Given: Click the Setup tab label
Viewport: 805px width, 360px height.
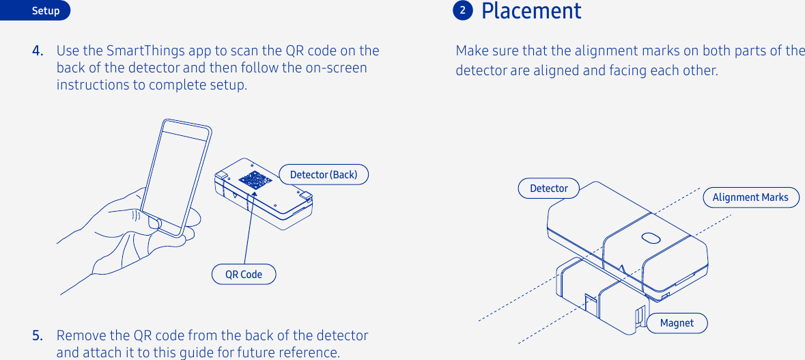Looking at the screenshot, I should pyautogui.click(x=46, y=11).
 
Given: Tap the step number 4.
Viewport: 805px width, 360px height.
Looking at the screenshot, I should pyautogui.click(x=38, y=51).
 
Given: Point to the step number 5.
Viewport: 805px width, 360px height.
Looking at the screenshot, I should pyautogui.click(x=38, y=335).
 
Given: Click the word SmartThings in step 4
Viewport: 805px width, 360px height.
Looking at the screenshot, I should pyautogui.click(x=142, y=51).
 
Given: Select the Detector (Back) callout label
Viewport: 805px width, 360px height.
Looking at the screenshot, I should pyautogui.click(x=324, y=175).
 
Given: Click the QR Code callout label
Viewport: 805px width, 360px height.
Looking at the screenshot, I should pyautogui.click(x=244, y=275).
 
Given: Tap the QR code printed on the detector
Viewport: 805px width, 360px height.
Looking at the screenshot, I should pyautogui.click(x=255, y=180).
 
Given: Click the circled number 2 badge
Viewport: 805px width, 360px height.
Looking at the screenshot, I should pyautogui.click(x=463, y=10).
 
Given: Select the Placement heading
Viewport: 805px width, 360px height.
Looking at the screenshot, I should pyautogui.click(x=531, y=11).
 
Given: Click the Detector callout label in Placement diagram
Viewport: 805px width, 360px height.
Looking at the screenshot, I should pyautogui.click(x=548, y=189).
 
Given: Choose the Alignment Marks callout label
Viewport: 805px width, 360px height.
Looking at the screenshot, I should pyautogui.click(x=750, y=197).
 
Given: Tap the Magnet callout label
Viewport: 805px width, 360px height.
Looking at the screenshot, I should pyautogui.click(x=677, y=323).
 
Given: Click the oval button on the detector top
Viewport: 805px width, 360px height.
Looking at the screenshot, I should pyautogui.click(x=651, y=237).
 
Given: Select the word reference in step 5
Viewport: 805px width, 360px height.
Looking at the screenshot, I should pyautogui.click(x=310, y=352).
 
